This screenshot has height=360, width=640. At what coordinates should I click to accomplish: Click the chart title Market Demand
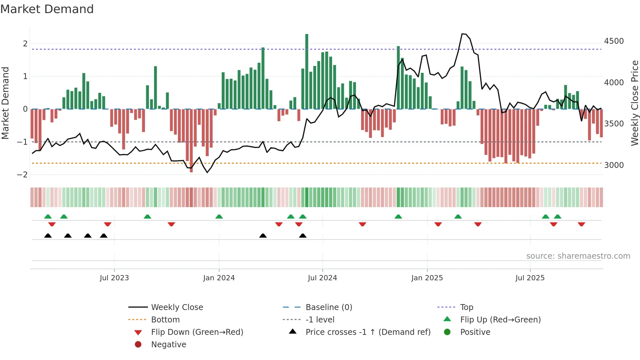click(47, 9)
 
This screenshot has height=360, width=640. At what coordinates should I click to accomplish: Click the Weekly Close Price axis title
click(634, 103)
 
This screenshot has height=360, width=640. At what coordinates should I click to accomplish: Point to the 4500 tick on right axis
click(614, 41)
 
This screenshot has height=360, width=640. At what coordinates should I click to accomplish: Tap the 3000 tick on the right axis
click(614, 165)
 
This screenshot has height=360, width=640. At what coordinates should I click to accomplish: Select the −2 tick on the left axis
click(23, 174)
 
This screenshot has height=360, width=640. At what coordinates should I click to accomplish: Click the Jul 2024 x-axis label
click(322, 278)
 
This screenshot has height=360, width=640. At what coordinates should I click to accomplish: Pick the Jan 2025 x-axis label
click(427, 278)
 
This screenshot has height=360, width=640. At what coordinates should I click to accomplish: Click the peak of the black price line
click(462, 34)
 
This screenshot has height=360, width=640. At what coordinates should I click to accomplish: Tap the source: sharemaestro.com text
click(578, 256)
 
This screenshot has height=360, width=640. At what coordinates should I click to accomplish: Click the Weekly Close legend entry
click(177, 307)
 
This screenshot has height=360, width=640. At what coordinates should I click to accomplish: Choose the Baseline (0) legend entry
click(328, 307)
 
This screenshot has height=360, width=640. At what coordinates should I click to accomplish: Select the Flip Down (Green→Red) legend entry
click(197, 332)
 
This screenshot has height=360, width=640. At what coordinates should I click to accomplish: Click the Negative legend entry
click(168, 345)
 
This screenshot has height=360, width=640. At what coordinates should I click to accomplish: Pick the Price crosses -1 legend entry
click(368, 332)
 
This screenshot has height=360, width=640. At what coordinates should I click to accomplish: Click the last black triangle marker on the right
click(303, 236)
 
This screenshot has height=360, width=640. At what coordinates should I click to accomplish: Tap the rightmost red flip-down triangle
click(581, 224)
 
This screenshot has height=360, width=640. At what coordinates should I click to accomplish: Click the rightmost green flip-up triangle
click(557, 217)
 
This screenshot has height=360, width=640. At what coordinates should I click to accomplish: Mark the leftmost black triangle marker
click(48, 236)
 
